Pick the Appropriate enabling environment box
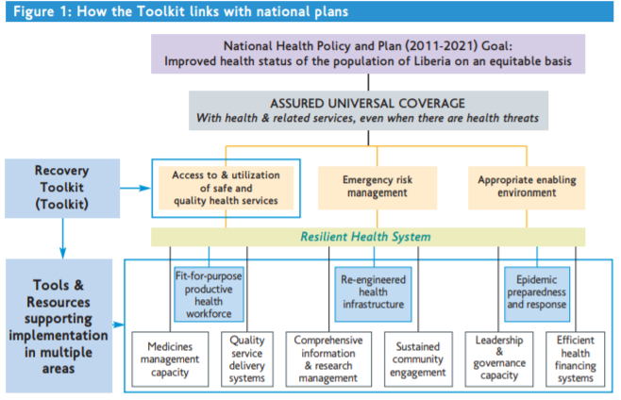point(526,186)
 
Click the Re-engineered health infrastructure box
point(375,291)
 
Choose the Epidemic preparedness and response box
point(537,292)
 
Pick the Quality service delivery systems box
point(246,358)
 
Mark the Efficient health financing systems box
point(575,358)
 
